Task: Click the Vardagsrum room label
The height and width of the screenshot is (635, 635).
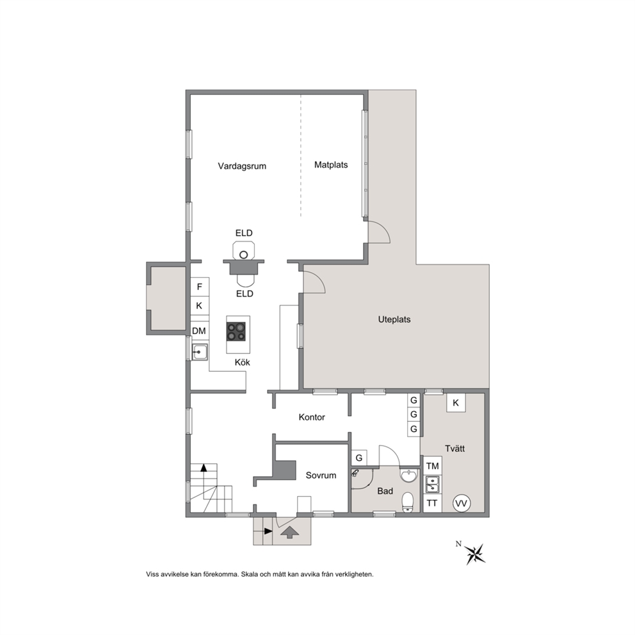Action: click(242, 166)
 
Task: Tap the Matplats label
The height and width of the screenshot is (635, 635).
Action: click(331, 165)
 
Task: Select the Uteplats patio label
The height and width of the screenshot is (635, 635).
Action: click(394, 319)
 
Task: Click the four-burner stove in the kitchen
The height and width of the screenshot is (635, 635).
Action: click(236, 331)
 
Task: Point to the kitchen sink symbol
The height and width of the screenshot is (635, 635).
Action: click(200, 352)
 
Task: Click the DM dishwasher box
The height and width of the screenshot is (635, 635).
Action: click(199, 331)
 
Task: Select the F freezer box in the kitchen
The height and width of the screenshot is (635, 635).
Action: click(200, 287)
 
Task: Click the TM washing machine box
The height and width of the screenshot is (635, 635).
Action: click(432, 466)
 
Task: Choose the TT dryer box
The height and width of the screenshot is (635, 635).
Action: click(432, 503)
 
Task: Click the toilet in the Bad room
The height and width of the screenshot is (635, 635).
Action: click(407, 502)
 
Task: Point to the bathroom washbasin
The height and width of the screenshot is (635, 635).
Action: click(409, 475)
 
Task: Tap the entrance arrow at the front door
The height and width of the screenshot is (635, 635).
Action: click(289, 533)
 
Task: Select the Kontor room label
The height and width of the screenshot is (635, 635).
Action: click(312, 417)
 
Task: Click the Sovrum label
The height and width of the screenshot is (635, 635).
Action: click(321, 476)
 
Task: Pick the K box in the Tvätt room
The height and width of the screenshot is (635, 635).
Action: click(456, 403)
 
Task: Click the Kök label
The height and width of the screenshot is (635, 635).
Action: click(242, 362)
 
